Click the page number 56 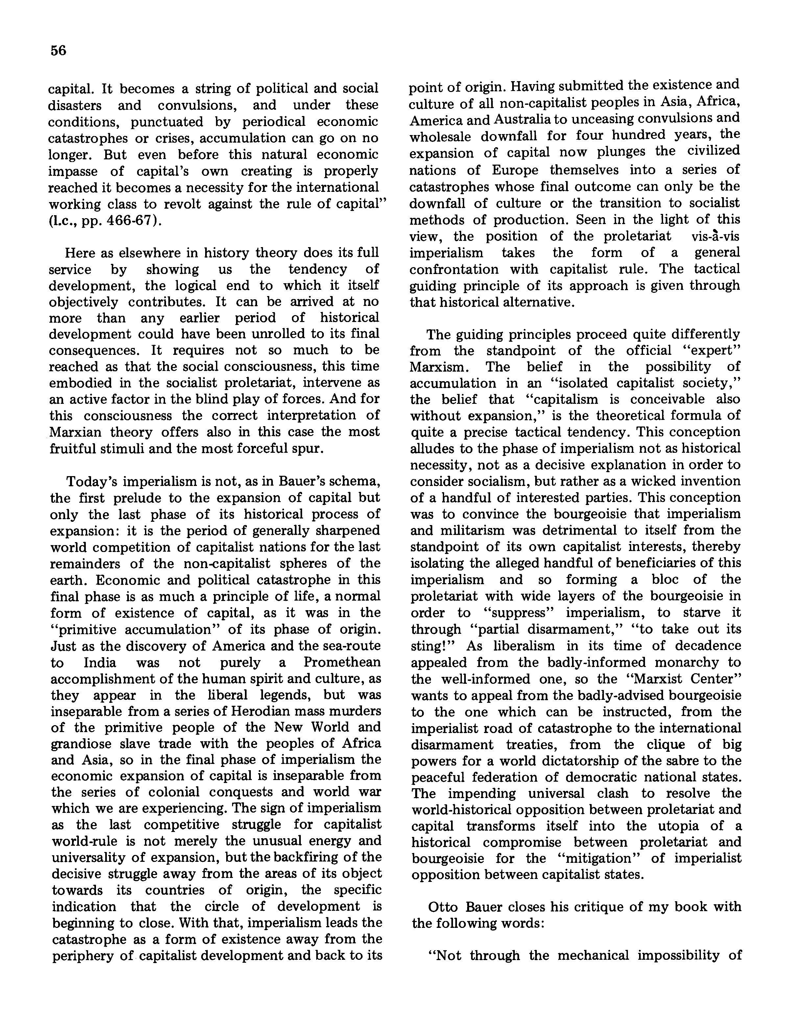[x=59, y=51]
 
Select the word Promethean [x=342, y=662]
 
